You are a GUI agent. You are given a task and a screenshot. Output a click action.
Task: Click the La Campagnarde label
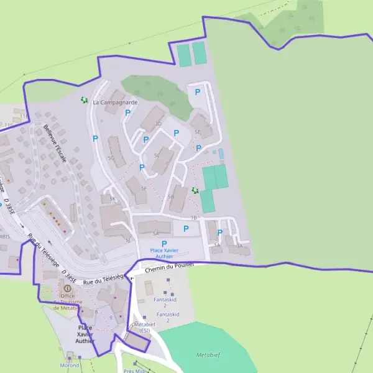114,102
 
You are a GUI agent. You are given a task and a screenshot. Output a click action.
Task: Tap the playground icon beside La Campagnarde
84,99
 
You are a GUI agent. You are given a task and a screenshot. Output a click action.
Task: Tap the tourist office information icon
67,288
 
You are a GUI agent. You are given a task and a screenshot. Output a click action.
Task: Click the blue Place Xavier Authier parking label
164,253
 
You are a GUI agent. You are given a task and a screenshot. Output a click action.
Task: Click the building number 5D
158,124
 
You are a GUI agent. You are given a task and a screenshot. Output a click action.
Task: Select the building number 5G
111,158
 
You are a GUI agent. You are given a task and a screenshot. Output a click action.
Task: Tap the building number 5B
171,196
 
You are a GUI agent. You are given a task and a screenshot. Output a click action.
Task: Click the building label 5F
144,188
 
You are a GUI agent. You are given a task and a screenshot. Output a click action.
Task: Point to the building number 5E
197,132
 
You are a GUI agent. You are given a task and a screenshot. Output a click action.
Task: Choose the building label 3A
239,246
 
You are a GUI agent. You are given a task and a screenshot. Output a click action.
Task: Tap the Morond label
70,366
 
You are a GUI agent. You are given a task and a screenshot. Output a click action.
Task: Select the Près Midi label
133,371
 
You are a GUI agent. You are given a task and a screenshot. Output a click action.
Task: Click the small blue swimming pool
221,152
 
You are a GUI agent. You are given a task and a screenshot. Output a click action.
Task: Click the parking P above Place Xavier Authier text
164,244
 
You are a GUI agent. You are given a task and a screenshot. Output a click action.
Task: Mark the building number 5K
113,199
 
